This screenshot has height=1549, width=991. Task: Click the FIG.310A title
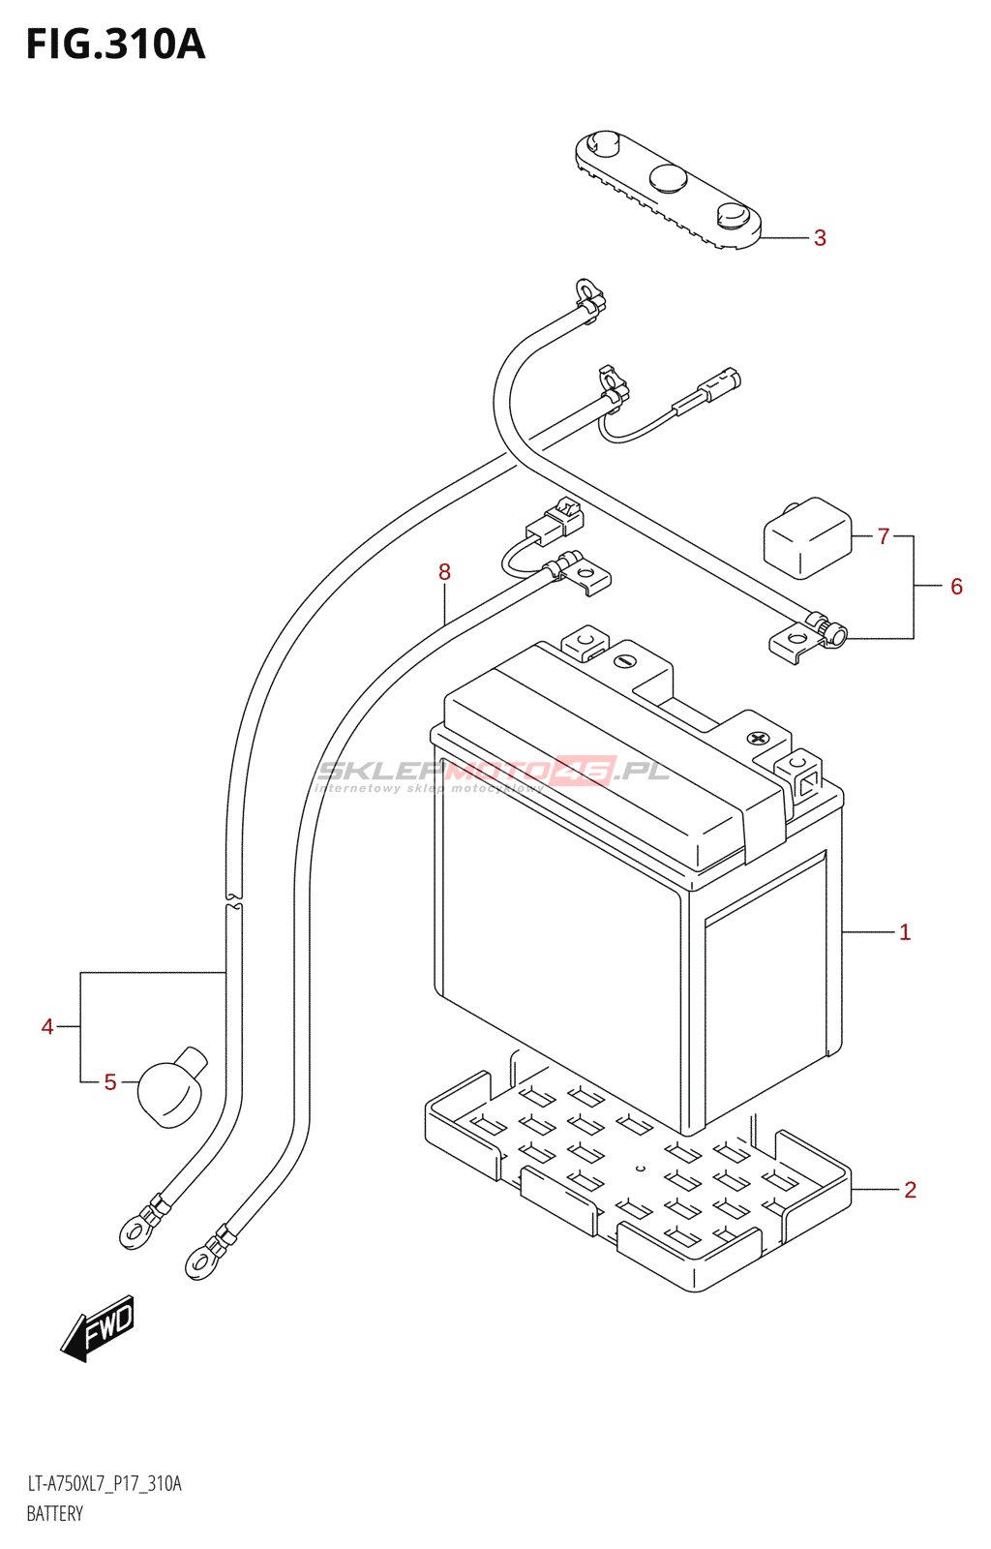click(115, 45)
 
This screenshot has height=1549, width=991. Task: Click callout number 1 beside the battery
click(905, 932)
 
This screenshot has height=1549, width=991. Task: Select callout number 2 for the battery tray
click(910, 1190)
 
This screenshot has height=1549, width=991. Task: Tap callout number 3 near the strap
click(820, 238)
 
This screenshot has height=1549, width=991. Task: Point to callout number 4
click(47, 1026)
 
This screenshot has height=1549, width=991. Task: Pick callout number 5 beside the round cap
click(110, 1082)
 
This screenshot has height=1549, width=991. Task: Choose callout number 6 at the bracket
click(956, 587)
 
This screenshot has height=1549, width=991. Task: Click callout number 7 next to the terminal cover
click(883, 536)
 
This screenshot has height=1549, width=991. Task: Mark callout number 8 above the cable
click(444, 572)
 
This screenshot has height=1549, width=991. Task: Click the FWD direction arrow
click(99, 1327)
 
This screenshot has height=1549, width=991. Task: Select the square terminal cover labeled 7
click(807, 538)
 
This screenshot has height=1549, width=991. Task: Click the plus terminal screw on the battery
click(756, 738)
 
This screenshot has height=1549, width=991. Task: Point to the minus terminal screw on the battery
click(624, 662)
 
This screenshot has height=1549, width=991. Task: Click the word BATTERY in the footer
click(55, 1514)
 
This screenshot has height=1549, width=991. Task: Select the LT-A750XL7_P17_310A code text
click(104, 1484)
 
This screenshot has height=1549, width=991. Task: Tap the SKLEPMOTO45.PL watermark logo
click(494, 773)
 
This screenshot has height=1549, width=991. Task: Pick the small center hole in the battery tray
click(640, 1169)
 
